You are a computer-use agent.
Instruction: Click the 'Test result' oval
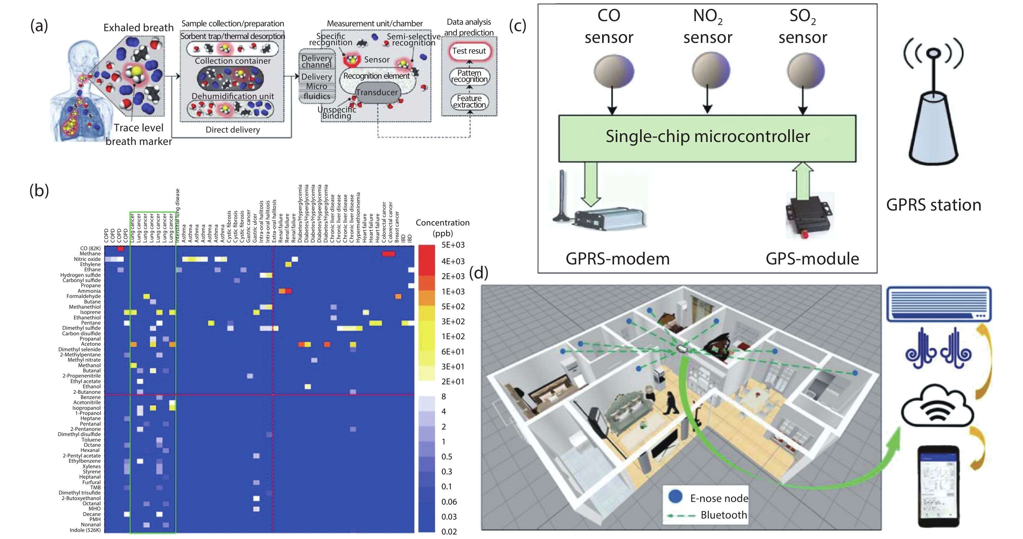(469, 51)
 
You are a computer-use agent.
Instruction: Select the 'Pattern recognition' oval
(469, 76)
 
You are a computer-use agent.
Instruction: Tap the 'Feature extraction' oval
(469, 102)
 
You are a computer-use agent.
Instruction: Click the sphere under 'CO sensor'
(613, 71)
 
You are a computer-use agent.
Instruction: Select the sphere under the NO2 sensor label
(711, 70)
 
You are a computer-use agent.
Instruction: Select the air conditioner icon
(939, 304)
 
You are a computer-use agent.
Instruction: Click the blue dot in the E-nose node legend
(675, 496)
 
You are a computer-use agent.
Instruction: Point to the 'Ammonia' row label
(89, 291)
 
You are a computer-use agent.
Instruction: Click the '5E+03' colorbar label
(453, 245)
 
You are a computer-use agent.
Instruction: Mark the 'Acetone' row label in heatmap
(91, 344)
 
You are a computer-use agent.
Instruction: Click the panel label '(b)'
(39, 191)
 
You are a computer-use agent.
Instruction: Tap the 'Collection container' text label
(233, 61)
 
